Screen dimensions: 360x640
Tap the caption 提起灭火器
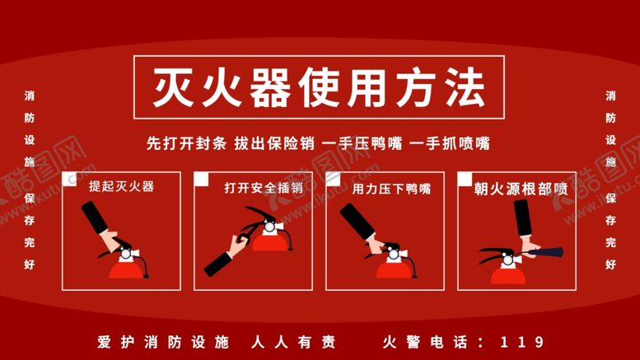[122, 186]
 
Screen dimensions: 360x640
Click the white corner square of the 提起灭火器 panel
[68, 176]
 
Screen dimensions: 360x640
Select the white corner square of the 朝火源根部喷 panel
[463, 176]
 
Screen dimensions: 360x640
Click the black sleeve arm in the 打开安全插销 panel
[219, 263]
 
